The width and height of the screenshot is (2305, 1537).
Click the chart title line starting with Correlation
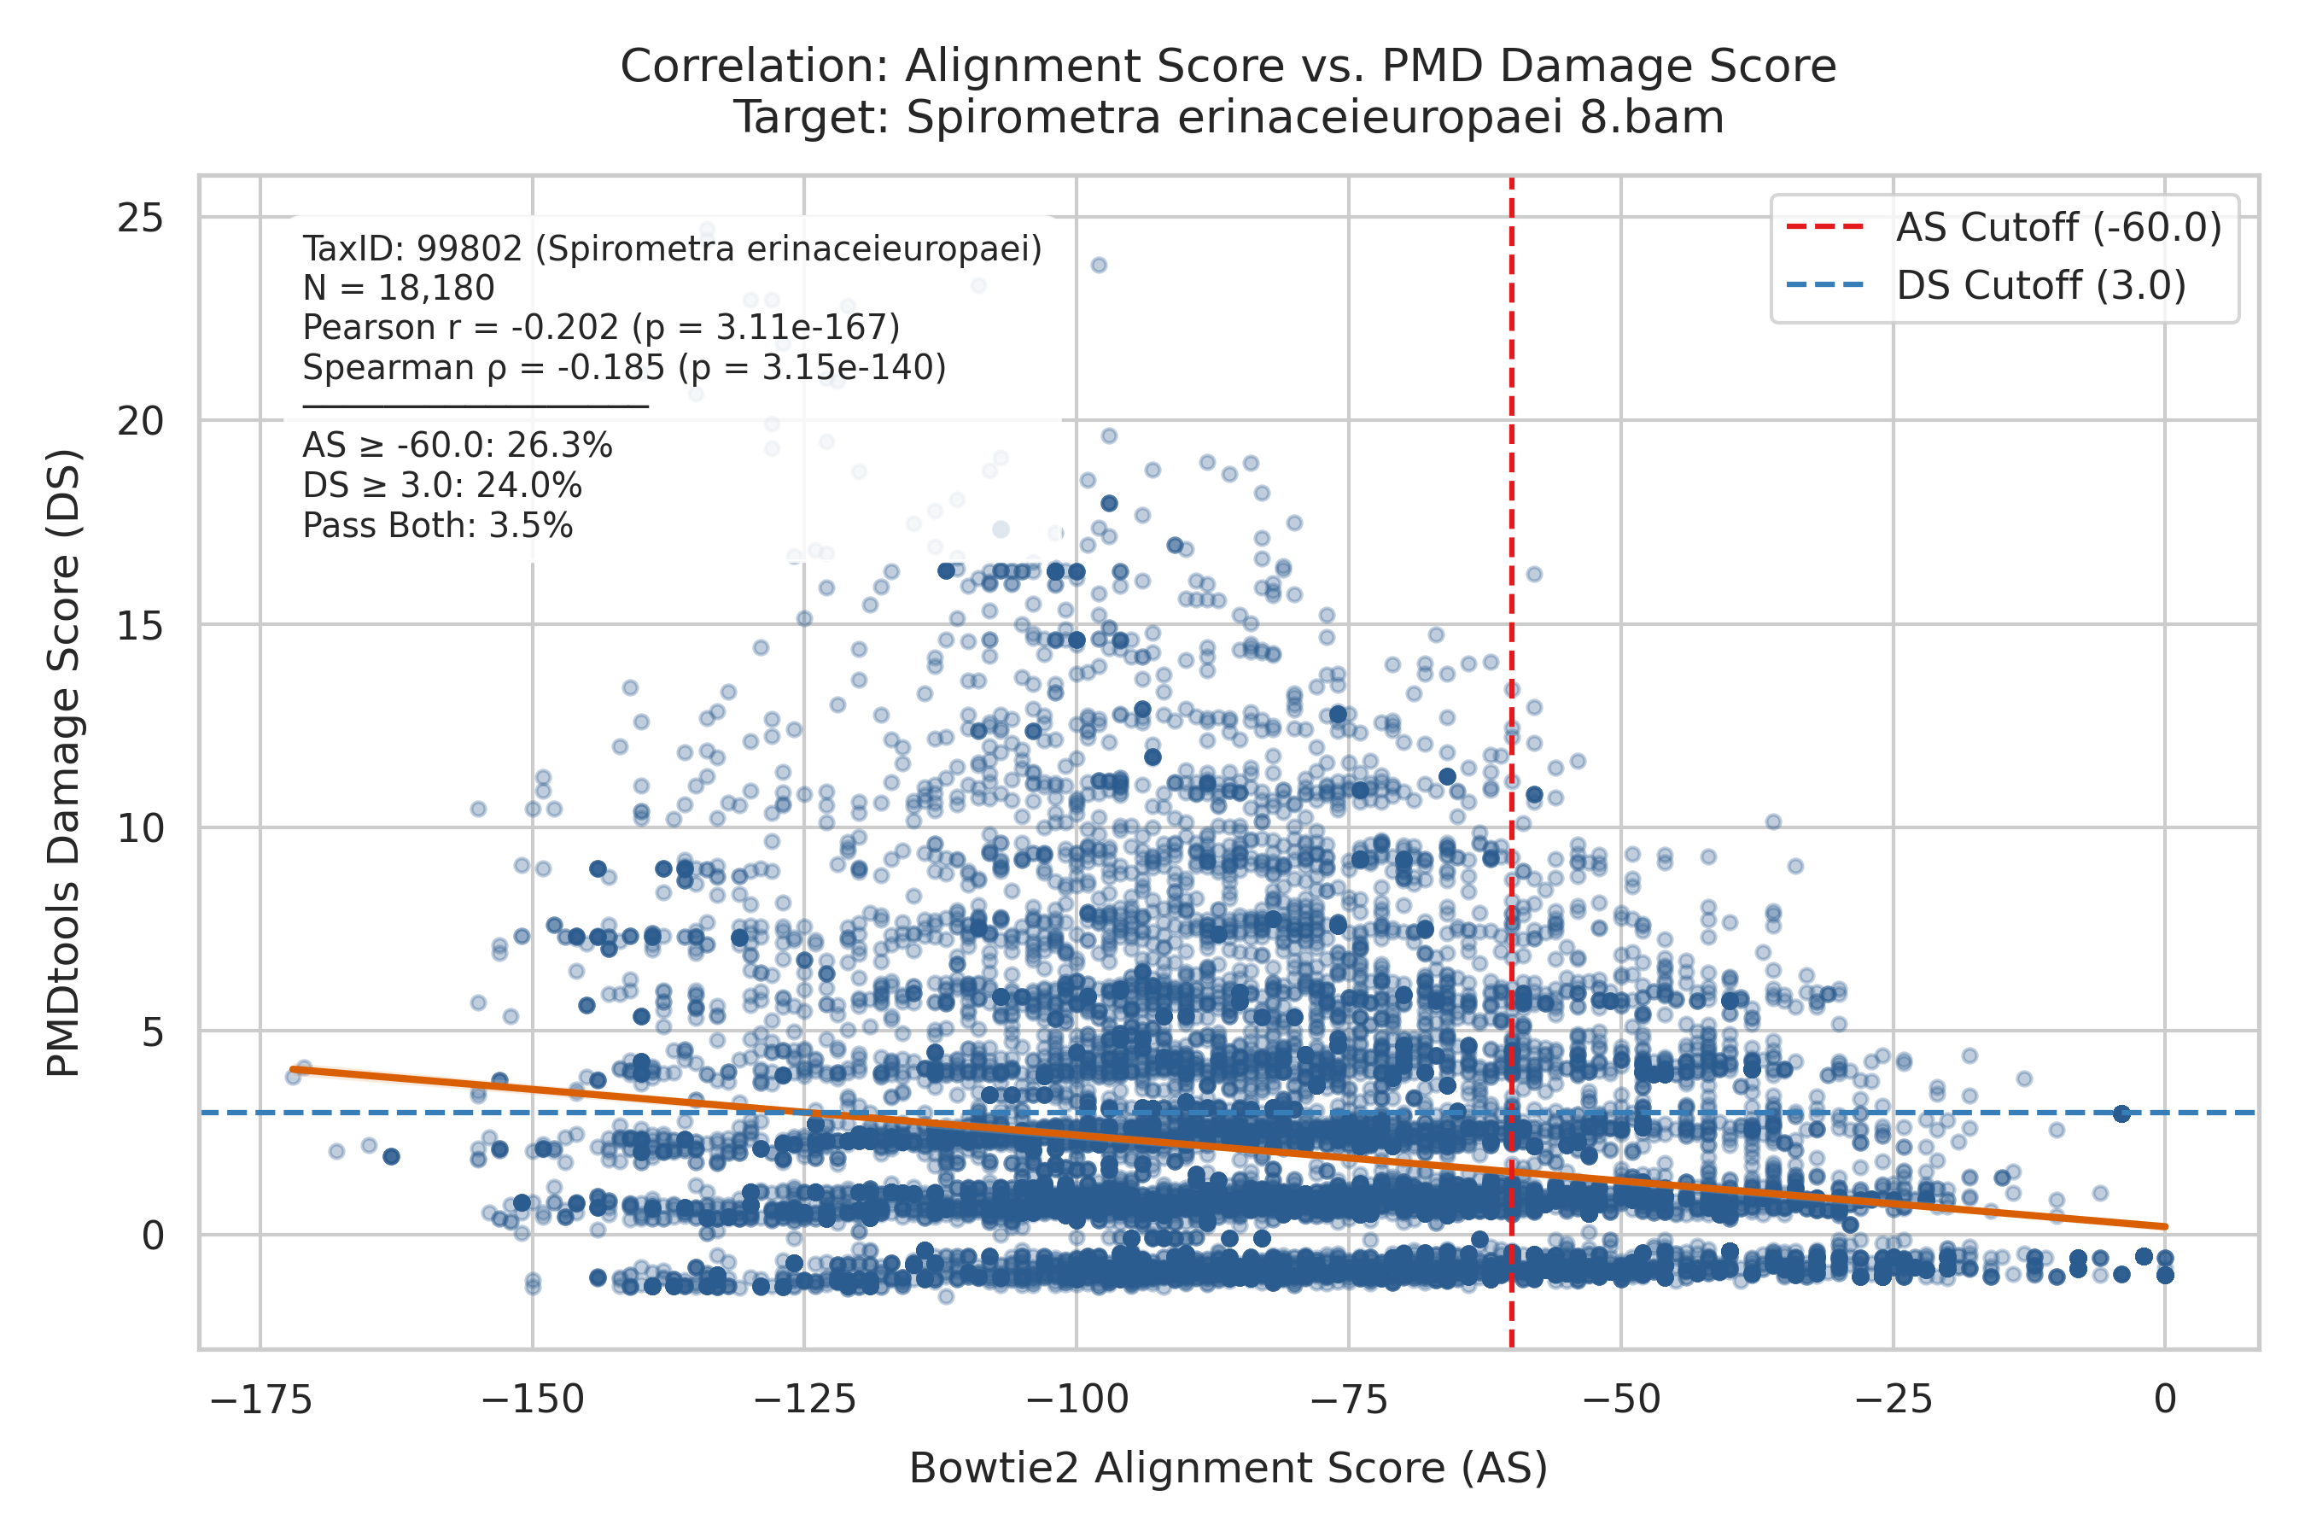tap(1228, 67)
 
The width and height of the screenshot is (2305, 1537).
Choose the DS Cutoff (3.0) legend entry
tap(1986, 286)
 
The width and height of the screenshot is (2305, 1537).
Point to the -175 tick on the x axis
tap(260, 1400)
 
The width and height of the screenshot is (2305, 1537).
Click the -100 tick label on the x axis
tap(1076, 1400)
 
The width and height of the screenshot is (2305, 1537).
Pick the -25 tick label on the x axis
tap(1894, 1400)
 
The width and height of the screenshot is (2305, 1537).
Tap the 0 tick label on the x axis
tap(2165, 1400)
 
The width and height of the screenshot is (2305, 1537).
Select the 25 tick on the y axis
tap(139, 218)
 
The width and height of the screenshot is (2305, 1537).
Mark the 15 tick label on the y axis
tap(139, 625)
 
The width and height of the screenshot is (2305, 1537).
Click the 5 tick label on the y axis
tap(152, 1032)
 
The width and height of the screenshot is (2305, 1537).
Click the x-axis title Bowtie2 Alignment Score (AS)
tap(1228, 1470)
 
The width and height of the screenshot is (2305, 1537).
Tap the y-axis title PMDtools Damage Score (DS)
tap(64, 763)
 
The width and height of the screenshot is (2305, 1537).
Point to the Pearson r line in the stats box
tap(601, 327)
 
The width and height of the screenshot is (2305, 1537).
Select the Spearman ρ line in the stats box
tap(624, 367)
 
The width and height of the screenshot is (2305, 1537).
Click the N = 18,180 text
tap(398, 289)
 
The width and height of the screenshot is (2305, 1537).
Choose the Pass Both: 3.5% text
tap(437, 526)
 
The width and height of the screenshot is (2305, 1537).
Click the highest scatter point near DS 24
tap(1100, 265)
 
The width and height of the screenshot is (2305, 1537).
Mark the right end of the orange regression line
tap(2165, 1226)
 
